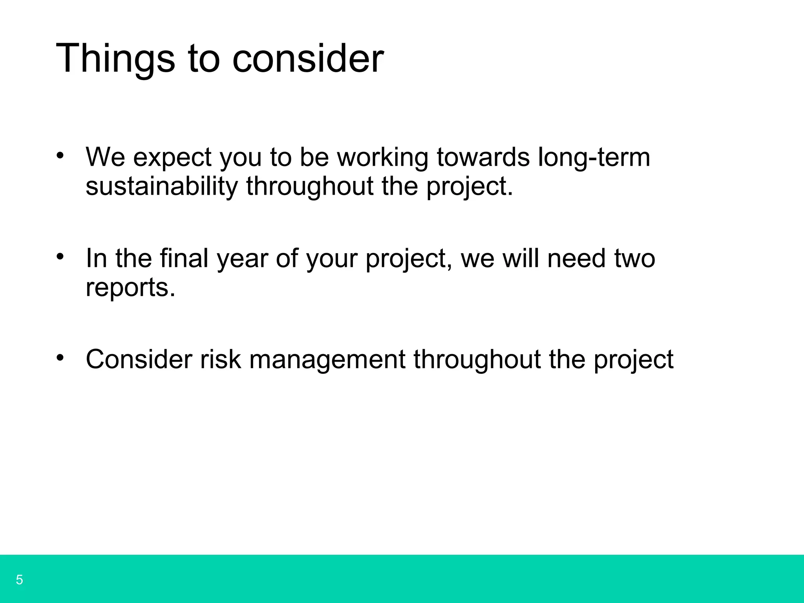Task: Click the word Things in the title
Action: (115, 59)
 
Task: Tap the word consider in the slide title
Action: (308, 59)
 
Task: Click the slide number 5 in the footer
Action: (19, 580)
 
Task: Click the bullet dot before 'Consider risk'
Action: (60, 358)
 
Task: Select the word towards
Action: (483, 157)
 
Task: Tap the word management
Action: (327, 360)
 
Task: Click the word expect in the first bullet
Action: (172, 157)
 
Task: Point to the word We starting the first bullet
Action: (105, 157)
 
